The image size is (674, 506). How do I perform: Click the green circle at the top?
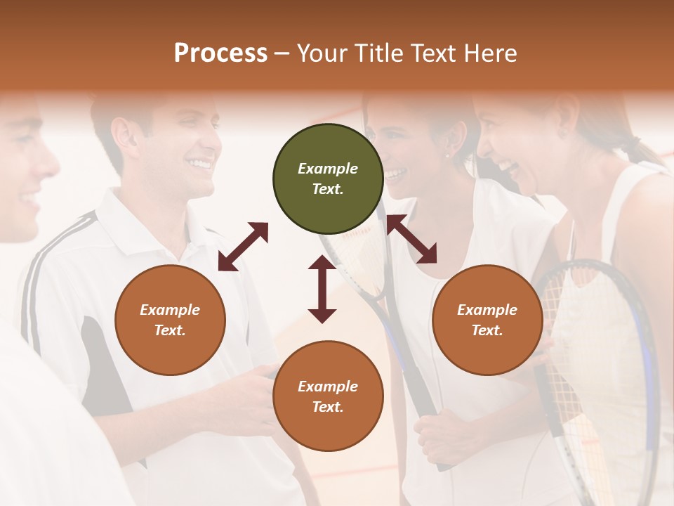(328, 179)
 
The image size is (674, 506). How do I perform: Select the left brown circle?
(170, 320)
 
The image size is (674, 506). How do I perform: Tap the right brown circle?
(487, 320)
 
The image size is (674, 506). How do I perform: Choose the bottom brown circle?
(328, 396)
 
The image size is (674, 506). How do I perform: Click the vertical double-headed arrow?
(322, 289)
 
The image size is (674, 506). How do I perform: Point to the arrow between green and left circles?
(243, 247)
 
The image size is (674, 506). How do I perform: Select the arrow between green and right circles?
(412, 240)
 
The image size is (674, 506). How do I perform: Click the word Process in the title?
(220, 53)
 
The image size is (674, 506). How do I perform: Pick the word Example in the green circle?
(328, 169)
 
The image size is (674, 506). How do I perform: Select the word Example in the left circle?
(170, 310)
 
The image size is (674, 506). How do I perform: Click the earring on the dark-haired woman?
(447, 155)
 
